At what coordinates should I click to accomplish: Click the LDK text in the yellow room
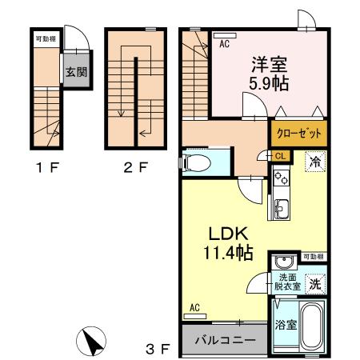click(231, 234)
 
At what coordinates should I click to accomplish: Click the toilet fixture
click(195, 164)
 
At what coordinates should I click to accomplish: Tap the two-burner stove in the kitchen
click(282, 183)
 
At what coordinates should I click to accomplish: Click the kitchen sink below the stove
click(282, 210)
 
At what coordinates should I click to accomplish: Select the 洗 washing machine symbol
click(316, 283)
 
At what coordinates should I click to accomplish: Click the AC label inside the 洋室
click(225, 45)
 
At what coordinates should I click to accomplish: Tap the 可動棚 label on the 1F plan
click(45, 38)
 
